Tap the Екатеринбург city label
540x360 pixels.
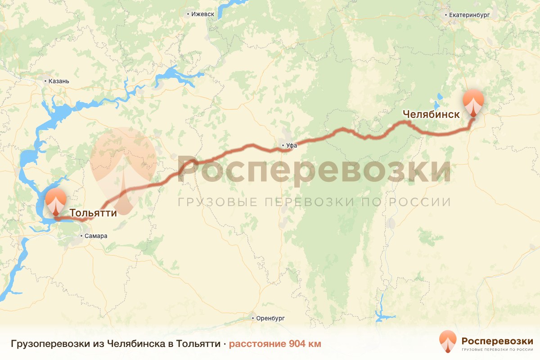pyautogui.click(x=469, y=15)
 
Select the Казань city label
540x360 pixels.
pyautogui.click(x=59, y=81)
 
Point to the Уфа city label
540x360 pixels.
pyautogui.click(x=292, y=145)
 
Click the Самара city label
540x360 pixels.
pyautogui.click(x=97, y=236)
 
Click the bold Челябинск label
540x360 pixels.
pyautogui.click(x=431, y=114)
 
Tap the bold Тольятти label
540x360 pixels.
pyautogui.click(x=93, y=212)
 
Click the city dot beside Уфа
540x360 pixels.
pyautogui.click(x=283, y=145)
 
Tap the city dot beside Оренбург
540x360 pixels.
pyautogui.click(x=253, y=318)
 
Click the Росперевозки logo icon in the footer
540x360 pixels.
pyautogui.click(x=448, y=342)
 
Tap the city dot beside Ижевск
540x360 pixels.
pyautogui.click(x=188, y=14)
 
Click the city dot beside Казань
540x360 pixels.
pyautogui.click(x=45, y=81)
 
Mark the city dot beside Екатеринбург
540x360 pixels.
pyautogui.click(x=445, y=15)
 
